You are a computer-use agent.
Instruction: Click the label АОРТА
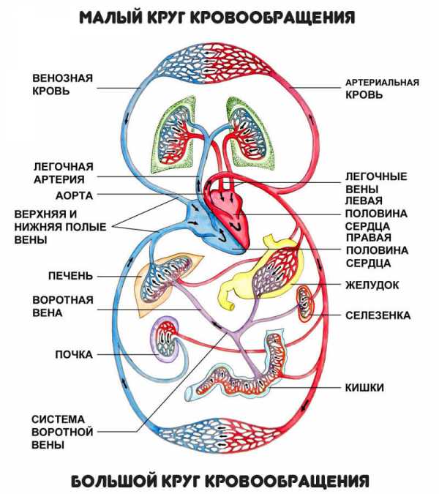[x=75, y=195]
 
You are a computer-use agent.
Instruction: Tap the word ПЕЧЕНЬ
[x=70, y=276]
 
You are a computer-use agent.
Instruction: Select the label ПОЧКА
[x=74, y=354]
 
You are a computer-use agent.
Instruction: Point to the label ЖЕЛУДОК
[x=372, y=285]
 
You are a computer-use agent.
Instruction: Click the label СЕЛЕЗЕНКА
[x=378, y=315]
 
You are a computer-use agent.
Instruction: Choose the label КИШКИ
[x=364, y=387]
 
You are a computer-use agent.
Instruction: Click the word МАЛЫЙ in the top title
[x=109, y=18]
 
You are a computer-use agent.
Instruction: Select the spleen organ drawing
[x=306, y=304]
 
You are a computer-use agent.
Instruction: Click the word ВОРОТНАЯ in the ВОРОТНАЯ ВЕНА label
[x=63, y=300]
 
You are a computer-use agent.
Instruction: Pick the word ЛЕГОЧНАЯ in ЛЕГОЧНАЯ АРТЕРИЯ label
[x=64, y=167]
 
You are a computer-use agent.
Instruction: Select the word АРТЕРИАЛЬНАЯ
[x=383, y=83]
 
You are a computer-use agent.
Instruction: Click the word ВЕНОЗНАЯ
[x=63, y=78]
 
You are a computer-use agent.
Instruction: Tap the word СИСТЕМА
[x=59, y=419]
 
